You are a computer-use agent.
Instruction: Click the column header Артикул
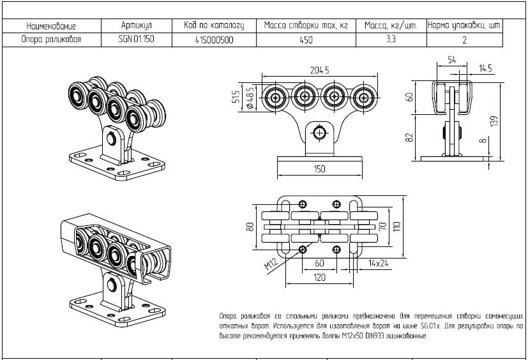coord(137,26)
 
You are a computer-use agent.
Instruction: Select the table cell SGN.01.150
coord(137,39)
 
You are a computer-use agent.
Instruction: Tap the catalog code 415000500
coord(214,40)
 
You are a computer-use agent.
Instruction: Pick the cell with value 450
coord(306,40)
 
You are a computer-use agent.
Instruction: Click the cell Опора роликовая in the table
coord(52,40)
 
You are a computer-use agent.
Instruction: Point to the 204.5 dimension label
coord(320,70)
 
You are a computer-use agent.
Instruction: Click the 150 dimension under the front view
coord(320,169)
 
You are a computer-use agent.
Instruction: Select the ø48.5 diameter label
coord(250,98)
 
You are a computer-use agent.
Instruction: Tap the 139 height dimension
coord(494,121)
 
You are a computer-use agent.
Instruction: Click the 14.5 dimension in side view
coord(485,68)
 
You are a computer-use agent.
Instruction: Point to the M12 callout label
coord(271,264)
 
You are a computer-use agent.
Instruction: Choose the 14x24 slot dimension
coord(379,263)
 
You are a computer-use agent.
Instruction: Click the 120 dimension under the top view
coord(320,277)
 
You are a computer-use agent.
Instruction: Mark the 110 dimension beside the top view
coord(397,227)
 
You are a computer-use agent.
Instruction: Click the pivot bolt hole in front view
coord(319,133)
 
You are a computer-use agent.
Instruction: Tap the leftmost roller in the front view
coord(276,98)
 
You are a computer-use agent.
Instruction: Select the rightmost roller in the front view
coord(364,98)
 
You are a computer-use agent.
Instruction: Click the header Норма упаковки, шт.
coord(465,26)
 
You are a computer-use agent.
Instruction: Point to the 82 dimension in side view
coord(409,137)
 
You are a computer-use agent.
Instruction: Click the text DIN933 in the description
coord(374,336)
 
